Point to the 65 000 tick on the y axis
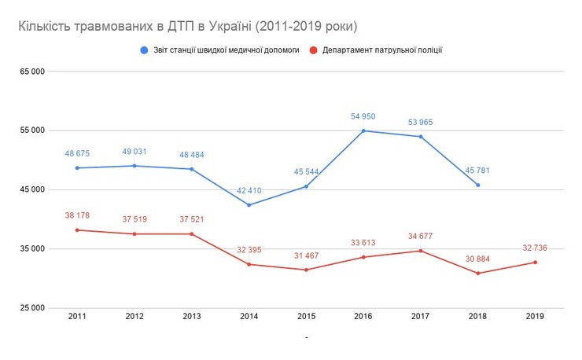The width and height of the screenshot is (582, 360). [31, 72]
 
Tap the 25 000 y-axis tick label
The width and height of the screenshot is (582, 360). [31, 308]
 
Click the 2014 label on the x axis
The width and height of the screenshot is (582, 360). [249, 316]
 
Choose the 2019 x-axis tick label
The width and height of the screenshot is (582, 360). [535, 316]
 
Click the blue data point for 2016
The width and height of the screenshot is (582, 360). [363, 130]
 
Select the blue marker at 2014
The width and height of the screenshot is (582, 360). [249, 205]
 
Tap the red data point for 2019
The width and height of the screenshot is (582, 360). [535, 263]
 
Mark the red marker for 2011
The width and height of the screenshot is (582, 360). [77, 230]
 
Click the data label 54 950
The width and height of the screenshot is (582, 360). [363, 116]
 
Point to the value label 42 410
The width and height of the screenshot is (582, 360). [249, 191]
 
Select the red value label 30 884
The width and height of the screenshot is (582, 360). [477, 259]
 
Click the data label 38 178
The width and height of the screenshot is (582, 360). [77, 215]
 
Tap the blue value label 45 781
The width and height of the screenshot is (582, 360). [477, 171]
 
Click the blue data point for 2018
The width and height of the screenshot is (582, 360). [477, 186]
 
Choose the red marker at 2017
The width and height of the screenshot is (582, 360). [420, 251]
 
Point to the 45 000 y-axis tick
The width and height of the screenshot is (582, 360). [31, 189]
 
